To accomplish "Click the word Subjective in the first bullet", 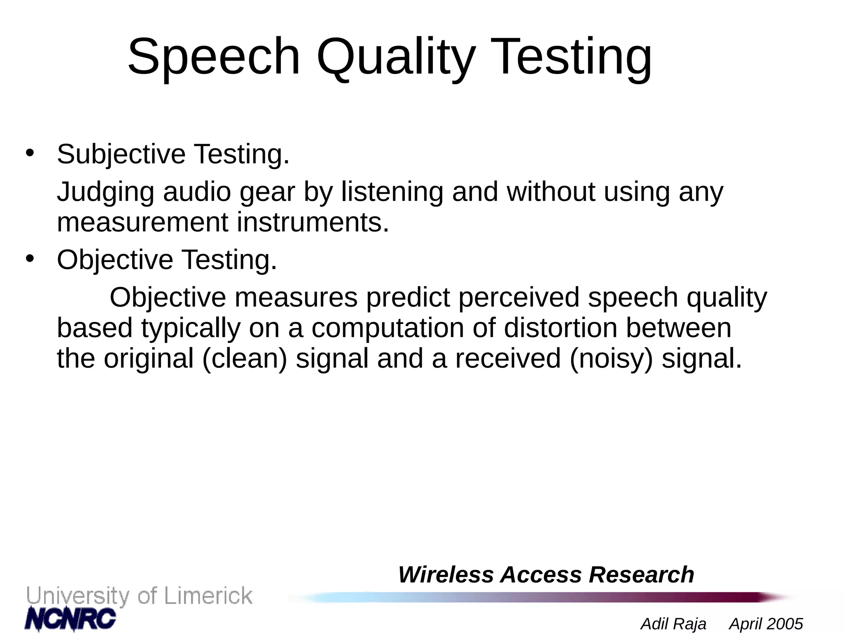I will click(x=121, y=154).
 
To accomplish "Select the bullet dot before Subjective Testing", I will click(x=29, y=153).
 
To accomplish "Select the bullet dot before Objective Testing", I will click(x=29, y=259).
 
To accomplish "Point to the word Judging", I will click(x=106, y=192).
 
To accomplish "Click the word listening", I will click(x=392, y=192).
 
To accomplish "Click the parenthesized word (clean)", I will click(x=244, y=358).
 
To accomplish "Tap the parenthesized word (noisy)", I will click(x=611, y=358).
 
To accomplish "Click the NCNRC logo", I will click(x=70, y=619).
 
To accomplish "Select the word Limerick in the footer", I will click(x=208, y=596).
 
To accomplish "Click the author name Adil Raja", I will click(x=673, y=624).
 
